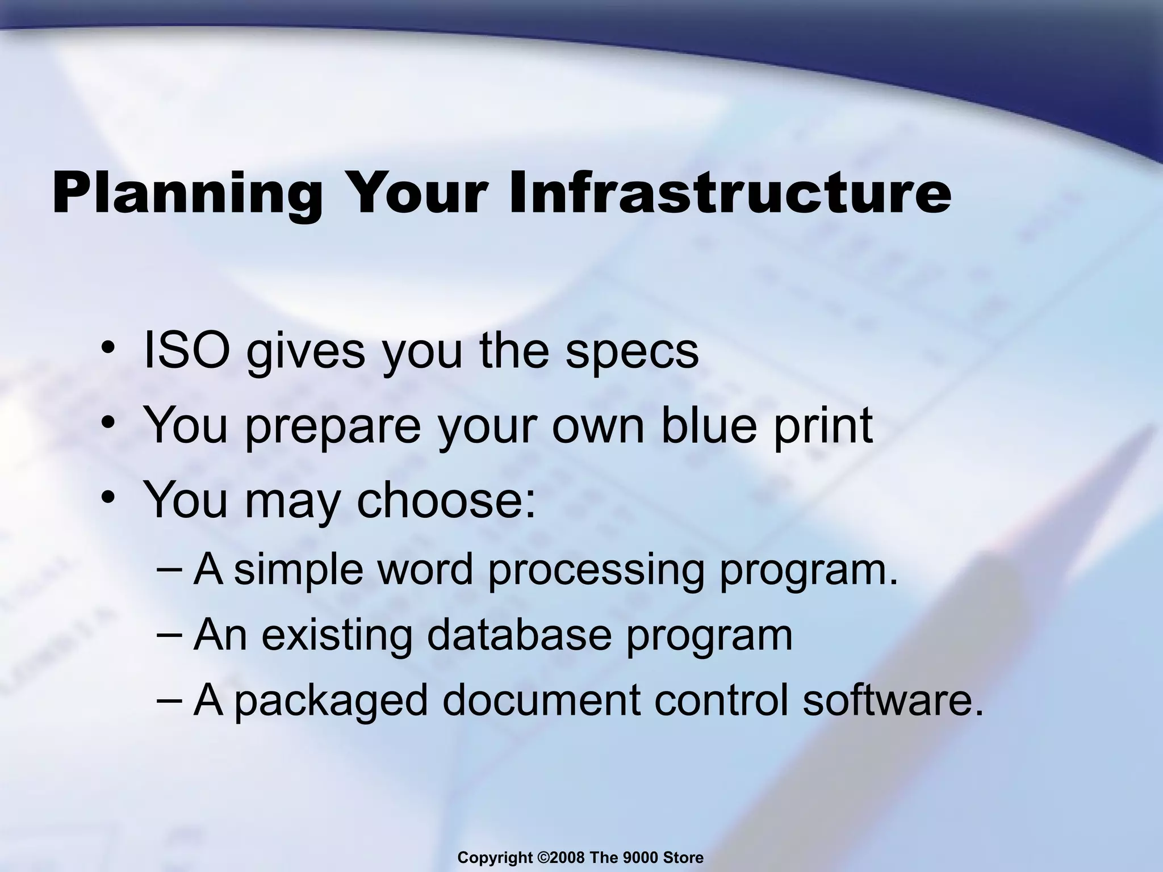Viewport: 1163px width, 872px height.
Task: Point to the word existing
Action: point(336,635)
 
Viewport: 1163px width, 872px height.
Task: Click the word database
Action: point(520,635)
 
